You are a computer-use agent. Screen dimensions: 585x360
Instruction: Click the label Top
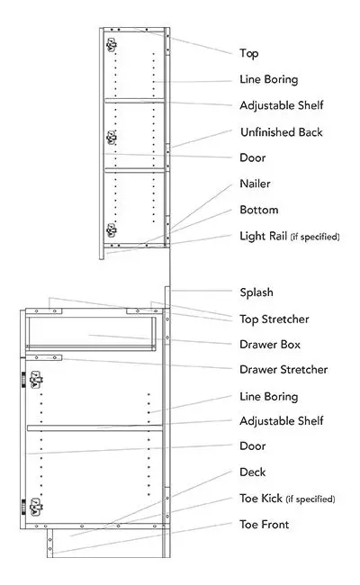pyautogui.click(x=249, y=54)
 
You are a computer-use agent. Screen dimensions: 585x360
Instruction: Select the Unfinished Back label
pyautogui.click(x=281, y=132)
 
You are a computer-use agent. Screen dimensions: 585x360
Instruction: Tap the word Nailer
pyautogui.click(x=255, y=184)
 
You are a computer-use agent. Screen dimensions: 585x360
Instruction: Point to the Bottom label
pyautogui.click(x=258, y=210)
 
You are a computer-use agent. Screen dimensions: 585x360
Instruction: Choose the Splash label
pyautogui.click(x=256, y=292)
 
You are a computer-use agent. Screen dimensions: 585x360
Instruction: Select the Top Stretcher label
pyautogui.click(x=274, y=319)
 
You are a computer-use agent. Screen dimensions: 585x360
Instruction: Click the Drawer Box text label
pyautogui.click(x=270, y=344)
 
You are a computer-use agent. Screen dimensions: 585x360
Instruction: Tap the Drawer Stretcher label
pyautogui.click(x=283, y=369)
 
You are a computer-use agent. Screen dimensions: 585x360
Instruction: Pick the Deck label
pyautogui.click(x=252, y=472)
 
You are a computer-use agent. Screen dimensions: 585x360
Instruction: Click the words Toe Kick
pyautogui.click(x=260, y=498)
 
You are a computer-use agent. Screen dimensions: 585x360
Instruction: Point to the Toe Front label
pyautogui.click(x=264, y=524)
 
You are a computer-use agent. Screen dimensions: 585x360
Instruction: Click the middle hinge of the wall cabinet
pyautogui.click(x=112, y=137)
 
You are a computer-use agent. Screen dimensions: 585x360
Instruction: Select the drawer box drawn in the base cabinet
pyautogui.click(x=90, y=337)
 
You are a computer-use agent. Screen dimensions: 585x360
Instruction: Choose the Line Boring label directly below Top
pyautogui.click(x=268, y=79)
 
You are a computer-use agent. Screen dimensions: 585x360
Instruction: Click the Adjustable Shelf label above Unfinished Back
pyautogui.click(x=281, y=105)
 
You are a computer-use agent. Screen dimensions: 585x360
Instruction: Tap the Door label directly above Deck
pyautogui.click(x=253, y=445)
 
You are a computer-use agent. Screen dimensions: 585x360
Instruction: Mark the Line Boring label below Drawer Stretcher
pyautogui.click(x=268, y=396)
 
